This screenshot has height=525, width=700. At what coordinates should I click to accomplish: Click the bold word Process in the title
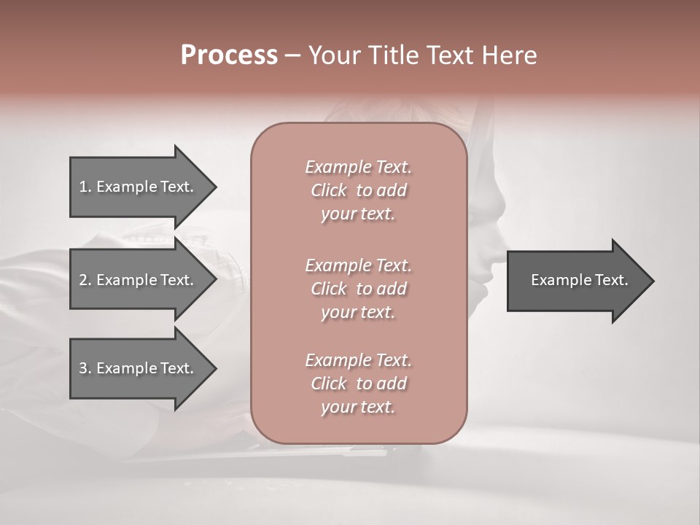[229, 55]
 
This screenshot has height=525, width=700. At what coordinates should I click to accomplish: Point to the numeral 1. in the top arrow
[85, 187]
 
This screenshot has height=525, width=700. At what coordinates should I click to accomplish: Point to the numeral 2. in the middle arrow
[85, 280]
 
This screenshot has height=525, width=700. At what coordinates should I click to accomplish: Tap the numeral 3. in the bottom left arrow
[85, 368]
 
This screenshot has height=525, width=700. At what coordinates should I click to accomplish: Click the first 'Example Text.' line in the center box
[358, 167]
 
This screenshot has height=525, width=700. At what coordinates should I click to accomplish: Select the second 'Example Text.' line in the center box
[358, 265]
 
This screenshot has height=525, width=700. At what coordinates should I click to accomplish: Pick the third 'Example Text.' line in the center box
[358, 360]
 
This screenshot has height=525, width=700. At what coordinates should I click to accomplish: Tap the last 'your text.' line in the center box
[358, 408]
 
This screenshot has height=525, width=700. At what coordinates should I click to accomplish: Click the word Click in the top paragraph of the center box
[329, 190]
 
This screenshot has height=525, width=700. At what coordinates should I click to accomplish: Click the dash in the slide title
[292, 55]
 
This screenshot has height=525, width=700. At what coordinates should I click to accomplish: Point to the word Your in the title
[332, 55]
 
